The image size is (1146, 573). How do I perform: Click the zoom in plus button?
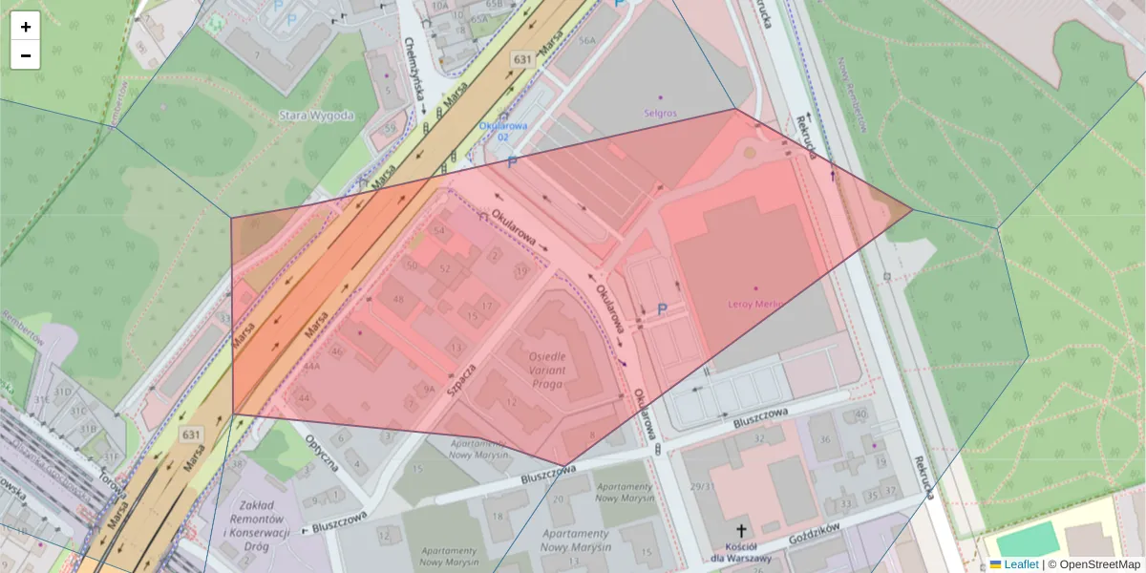point(25,26)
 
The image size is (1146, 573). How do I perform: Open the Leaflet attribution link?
point(1021,564)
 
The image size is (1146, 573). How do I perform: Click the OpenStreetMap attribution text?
point(1099,564)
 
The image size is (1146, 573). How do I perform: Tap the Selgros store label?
point(660,113)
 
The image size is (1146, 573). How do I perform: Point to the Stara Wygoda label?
point(316,116)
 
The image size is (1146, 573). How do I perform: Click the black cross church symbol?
point(740,530)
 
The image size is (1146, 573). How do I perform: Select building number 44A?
point(311,366)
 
